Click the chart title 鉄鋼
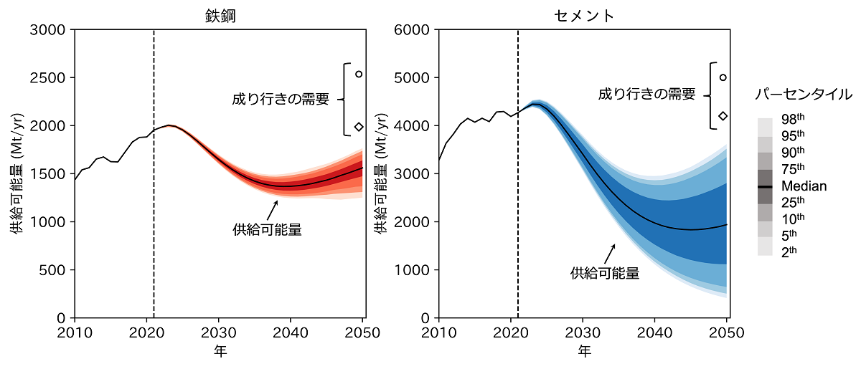click(220, 16)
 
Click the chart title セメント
click(584, 16)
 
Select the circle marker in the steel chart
click(359, 74)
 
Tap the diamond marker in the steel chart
click(359, 128)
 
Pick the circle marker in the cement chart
click(723, 77)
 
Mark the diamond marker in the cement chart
click(723, 115)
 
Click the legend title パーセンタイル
click(804, 94)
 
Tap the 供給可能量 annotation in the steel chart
click(267, 230)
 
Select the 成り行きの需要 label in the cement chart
click(647, 94)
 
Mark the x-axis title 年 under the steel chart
click(220, 351)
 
